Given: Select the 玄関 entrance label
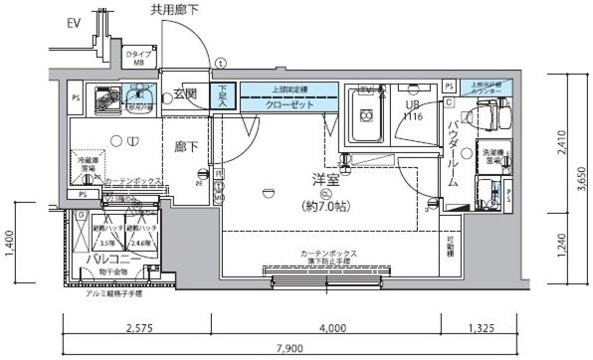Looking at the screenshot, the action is [x=186, y=95].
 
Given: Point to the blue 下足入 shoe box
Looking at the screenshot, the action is [x=223, y=95].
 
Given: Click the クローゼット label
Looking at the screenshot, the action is [x=290, y=102].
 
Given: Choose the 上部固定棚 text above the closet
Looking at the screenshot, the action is [x=290, y=87].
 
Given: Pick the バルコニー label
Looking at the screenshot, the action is [x=109, y=259].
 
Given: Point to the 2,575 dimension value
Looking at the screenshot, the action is [x=140, y=327].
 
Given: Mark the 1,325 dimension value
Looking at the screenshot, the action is [x=483, y=327].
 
